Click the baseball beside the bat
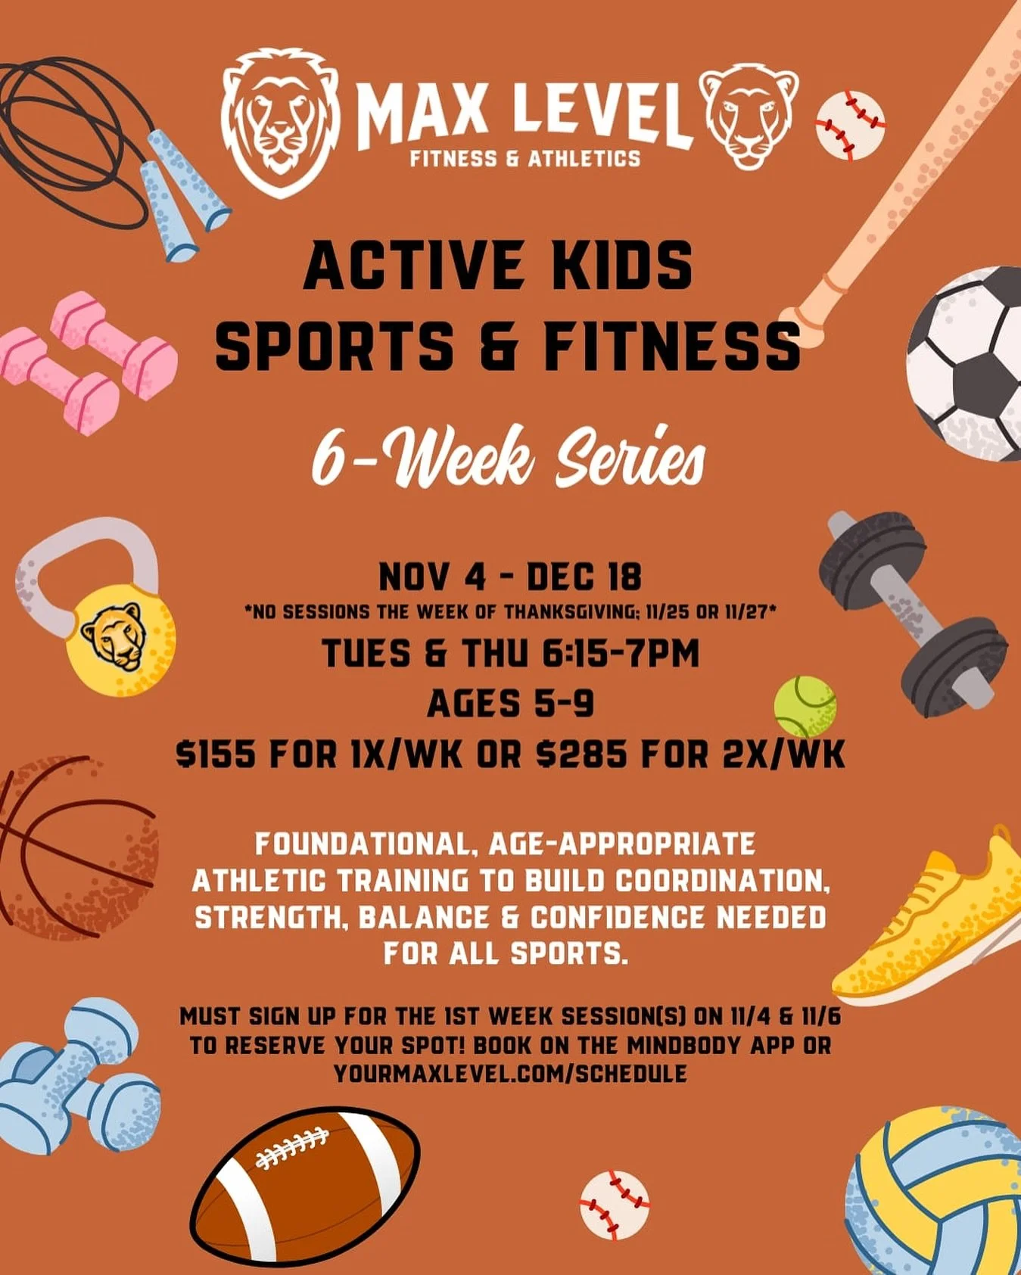pyautogui.click(x=850, y=126)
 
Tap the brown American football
pyautogui.click(x=304, y=1184)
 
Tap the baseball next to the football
pyautogui.click(x=614, y=1205)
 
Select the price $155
pyautogui.click(x=215, y=754)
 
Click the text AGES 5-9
pyautogui.click(x=510, y=704)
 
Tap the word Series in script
pyautogui.click(x=630, y=458)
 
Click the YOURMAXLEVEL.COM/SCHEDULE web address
pyautogui.click(x=510, y=1073)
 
